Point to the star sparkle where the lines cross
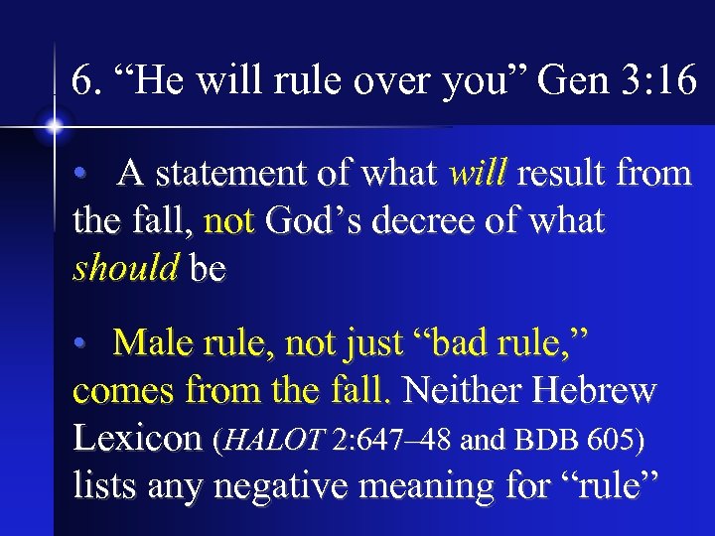click(x=53, y=126)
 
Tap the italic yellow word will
click(x=478, y=175)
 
